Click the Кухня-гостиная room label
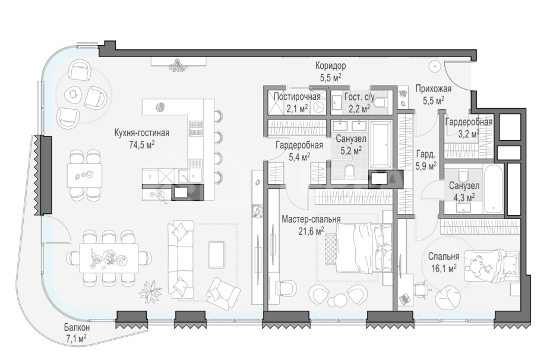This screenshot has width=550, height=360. tap(142, 133)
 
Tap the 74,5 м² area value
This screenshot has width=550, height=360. tap(142, 145)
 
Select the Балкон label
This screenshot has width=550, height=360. tap(77, 328)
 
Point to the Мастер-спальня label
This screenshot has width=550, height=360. tap(311, 219)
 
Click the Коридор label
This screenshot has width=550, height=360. tap(330, 65)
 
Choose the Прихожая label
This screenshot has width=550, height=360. tap(434, 89)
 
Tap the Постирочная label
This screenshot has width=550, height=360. tap(297, 96)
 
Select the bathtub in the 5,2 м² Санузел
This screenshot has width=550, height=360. tap(381, 144)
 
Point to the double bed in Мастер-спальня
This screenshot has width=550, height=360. tap(363, 248)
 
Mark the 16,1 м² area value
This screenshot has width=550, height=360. tap(444, 269)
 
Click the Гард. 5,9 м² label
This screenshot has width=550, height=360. tap(426, 160)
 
